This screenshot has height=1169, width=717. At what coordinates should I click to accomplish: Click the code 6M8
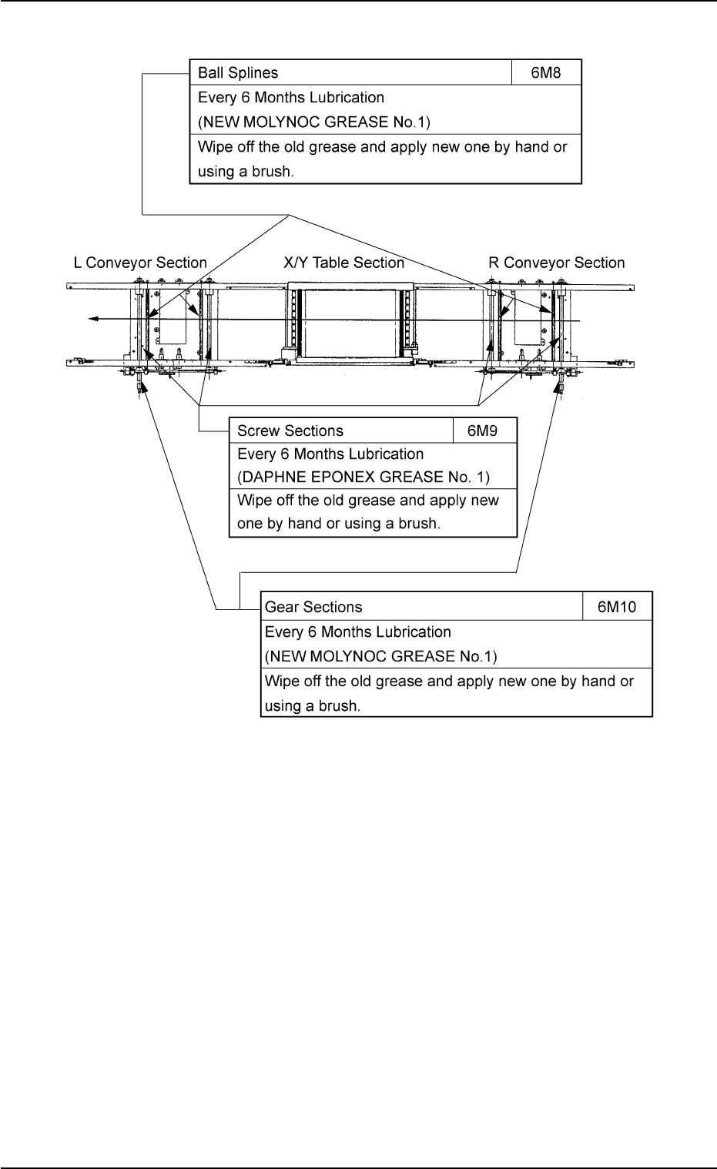tap(546, 73)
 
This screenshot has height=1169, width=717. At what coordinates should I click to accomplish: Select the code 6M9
tap(484, 430)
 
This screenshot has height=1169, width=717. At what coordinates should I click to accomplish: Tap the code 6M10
tap(618, 607)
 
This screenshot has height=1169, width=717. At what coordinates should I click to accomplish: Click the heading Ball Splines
tap(238, 73)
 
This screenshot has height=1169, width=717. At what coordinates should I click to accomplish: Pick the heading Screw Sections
tap(290, 430)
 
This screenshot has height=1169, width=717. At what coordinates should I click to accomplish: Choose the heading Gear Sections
tap(313, 607)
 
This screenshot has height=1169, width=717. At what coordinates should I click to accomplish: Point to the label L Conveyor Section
tap(140, 263)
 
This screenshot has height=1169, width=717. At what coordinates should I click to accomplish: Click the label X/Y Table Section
tap(344, 263)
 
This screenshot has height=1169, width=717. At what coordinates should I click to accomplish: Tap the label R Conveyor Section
tap(557, 263)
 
